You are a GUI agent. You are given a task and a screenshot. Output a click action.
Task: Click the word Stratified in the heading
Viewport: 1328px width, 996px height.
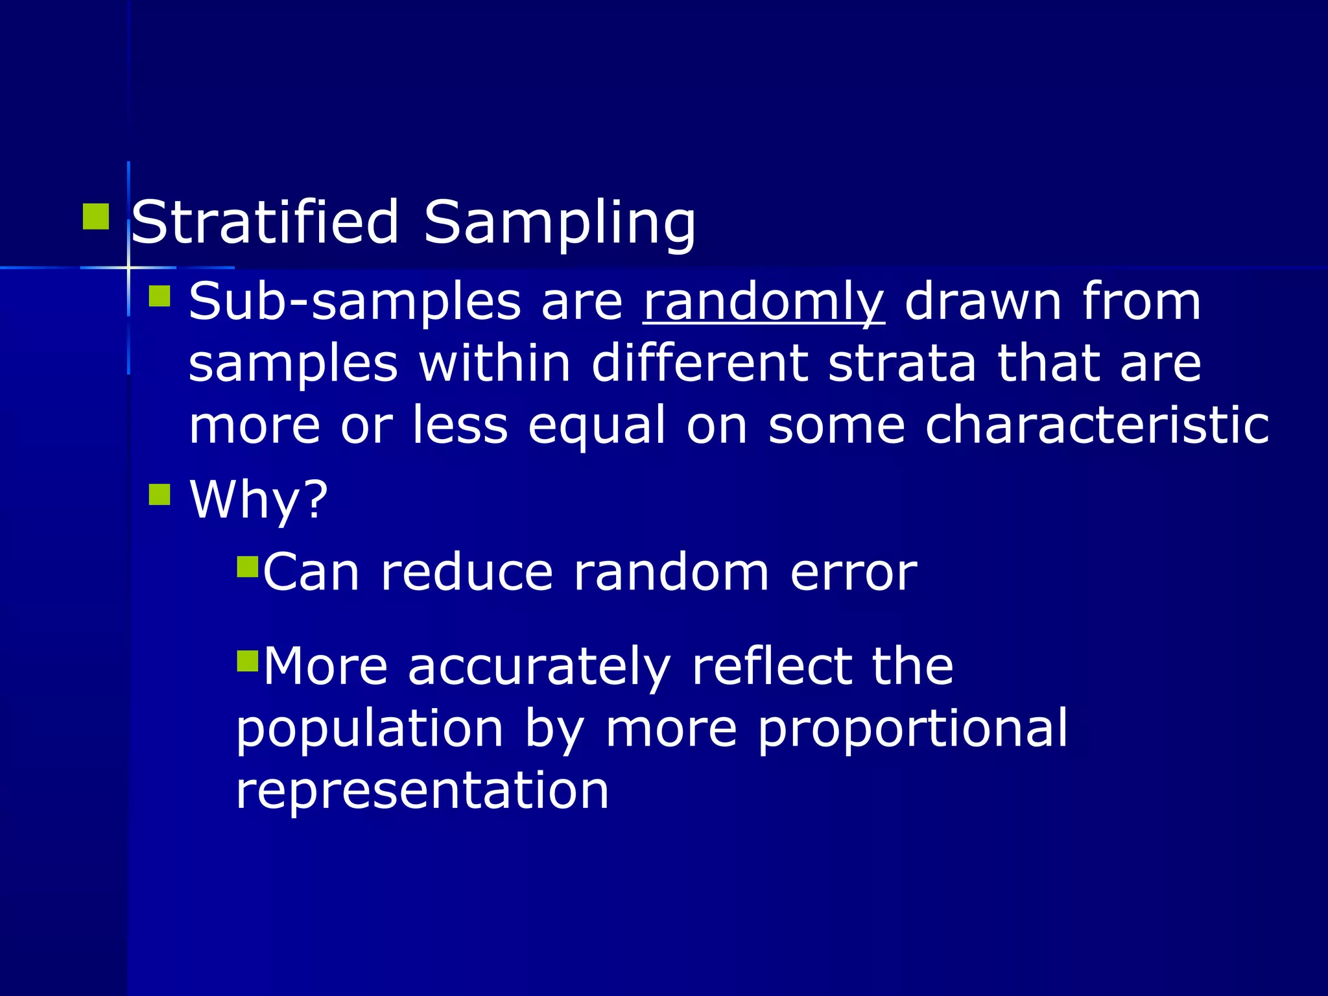pyautogui.click(x=265, y=222)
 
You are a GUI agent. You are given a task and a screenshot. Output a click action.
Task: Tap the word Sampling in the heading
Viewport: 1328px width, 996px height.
pyautogui.click(x=560, y=222)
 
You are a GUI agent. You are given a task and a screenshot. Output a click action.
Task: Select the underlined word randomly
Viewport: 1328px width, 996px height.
pyautogui.click(x=763, y=302)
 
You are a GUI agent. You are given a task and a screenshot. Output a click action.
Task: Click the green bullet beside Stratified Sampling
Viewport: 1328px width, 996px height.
pyautogui.click(x=96, y=217)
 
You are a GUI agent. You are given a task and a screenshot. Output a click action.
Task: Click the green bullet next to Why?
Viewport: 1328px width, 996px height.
pyautogui.click(x=160, y=495)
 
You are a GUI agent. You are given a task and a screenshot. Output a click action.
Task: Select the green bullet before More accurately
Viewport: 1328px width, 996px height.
pyautogui.click(x=248, y=661)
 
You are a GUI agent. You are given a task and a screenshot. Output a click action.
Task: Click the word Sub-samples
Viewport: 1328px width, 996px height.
pyautogui.click(x=354, y=302)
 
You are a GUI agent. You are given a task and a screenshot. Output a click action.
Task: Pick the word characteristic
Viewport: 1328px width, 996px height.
pyautogui.click(x=1097, y=425)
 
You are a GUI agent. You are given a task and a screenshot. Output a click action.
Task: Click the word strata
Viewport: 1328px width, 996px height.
pyautogui.click(x=902, y=363)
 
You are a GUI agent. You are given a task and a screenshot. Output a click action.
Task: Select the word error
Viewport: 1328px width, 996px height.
pyautogui.click(x=853, y=573)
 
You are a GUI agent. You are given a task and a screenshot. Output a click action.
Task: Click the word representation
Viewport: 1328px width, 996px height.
pyautogui.click(x=422, y=790)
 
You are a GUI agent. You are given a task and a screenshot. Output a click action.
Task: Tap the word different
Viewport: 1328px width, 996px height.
pyautogui.click(x=700, y=363)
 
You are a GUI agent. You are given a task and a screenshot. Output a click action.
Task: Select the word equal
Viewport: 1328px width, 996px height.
pyautogui.click(x=597, y=425)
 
